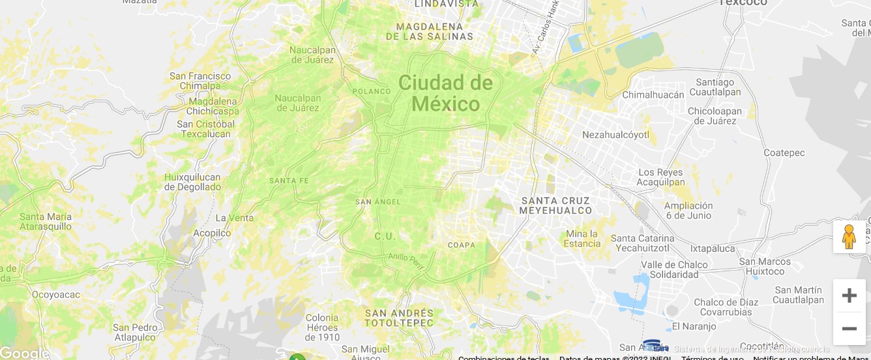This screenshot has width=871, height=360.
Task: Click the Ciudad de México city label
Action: click(x=445, y=93)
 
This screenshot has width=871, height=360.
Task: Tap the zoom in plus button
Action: click(x=849, y=295)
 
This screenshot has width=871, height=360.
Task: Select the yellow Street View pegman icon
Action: click(x=849, y=237)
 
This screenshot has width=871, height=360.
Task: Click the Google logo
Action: click(x=24, y=353)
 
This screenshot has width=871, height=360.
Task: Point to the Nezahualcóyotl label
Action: click(x=615, y=135)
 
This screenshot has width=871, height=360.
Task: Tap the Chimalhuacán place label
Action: click(x=653, y=95)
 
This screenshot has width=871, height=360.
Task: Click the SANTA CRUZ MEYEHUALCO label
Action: click(x=555, y=205)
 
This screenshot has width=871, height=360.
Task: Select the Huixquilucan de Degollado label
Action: click(x=192, y=182)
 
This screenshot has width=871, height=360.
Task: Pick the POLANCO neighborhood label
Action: click(x=372, y=91)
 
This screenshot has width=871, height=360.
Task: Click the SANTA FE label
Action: click(x=289, y=181)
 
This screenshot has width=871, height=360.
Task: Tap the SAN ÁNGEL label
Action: click(x=378, y=202)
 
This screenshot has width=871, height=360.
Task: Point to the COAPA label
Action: click(x=462, y=245)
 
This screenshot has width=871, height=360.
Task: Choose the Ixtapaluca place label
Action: click(x=713, y=248)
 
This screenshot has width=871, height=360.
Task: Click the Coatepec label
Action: click(x=784, y=153)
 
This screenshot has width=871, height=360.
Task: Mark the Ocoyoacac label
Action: click(x=56, y=295)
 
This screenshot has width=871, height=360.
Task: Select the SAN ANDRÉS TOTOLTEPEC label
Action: click(x=399, y=318)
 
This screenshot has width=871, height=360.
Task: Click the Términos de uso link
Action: click(x=713, y=357)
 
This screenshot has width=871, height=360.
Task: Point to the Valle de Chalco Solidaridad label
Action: click(x=674, y=270)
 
